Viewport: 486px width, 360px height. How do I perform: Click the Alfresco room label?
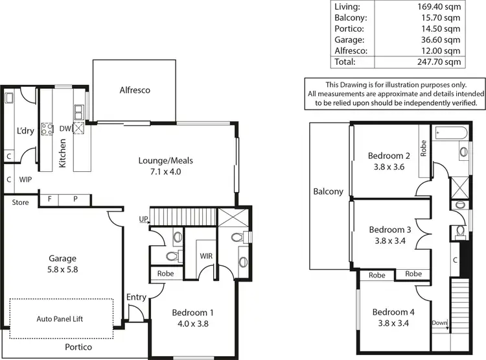(x=134, y=90)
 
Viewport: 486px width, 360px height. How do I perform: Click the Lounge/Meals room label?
(x=166, y=165)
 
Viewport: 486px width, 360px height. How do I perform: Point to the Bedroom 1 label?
(x=192, y=318)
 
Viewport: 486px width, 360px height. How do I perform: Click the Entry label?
(x=137, y=296)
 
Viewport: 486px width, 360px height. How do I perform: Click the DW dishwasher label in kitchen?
(x=65, y=128)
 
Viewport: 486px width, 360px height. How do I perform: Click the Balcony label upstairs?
(x=329, y=192)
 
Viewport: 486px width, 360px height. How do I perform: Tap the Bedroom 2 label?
(x=389, y=161)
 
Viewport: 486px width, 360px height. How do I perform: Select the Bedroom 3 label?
(x=390, y=235)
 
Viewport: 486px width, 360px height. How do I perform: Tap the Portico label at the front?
(x=78, y=347)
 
